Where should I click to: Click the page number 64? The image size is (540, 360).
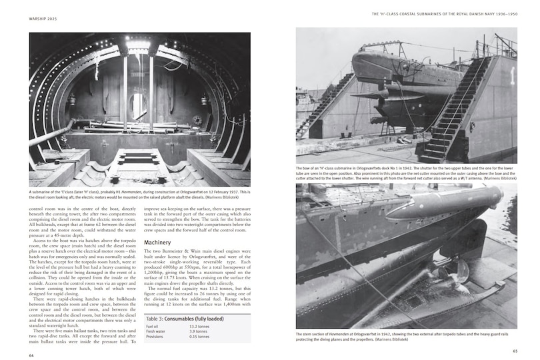click(x=31, y=355)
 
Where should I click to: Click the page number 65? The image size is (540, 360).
click(x=514, y=351)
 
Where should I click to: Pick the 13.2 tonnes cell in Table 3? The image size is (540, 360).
click(x=198, y=327)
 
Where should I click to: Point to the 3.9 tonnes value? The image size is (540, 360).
click(x=197, y=332)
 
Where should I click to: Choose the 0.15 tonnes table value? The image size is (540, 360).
click(x=199, y=337)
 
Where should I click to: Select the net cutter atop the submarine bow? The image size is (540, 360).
click(x=393, y=47)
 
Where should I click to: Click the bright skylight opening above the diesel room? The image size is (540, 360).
click(x=139, y=45)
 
